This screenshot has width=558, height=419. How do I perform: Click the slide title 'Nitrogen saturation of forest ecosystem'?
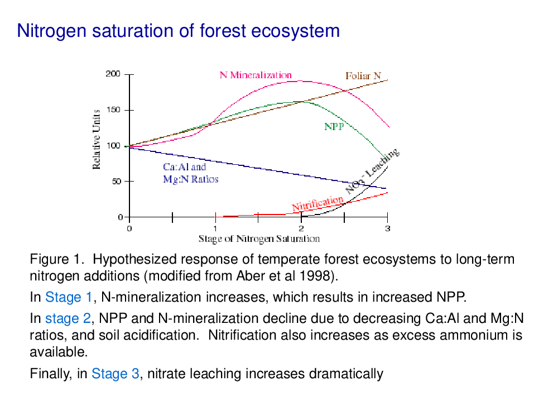179,31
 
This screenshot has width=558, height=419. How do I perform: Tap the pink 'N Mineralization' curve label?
256,75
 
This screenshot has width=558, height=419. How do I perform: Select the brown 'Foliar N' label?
363,76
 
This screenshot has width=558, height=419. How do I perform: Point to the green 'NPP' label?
334,126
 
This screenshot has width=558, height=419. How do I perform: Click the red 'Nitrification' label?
318,203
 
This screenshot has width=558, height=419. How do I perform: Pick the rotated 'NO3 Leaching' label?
372,171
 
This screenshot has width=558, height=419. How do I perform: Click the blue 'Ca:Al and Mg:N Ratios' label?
190,173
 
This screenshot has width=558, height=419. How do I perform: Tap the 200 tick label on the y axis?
113,74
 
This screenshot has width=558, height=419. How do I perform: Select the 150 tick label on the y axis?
113,109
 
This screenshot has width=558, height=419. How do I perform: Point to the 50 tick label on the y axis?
117,182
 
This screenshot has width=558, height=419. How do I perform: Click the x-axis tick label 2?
301,228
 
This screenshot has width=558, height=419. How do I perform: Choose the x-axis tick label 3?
388,228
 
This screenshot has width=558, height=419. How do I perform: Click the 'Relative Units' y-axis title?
96,139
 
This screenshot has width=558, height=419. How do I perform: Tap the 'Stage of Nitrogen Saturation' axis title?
259,239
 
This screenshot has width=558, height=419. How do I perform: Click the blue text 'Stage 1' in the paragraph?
69,297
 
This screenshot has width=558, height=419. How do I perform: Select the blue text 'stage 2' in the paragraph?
68,318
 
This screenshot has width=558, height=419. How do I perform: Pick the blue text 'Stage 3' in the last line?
116,374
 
